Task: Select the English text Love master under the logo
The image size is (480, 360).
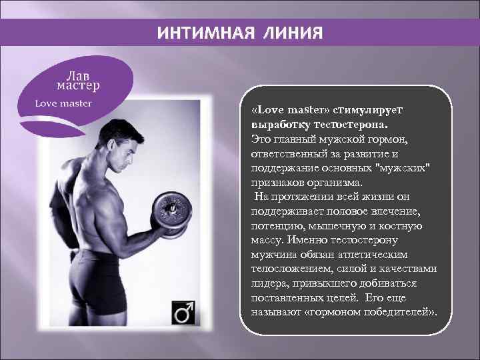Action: (x=63, y=103)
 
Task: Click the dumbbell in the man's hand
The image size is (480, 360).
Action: (x=171, y=213)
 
